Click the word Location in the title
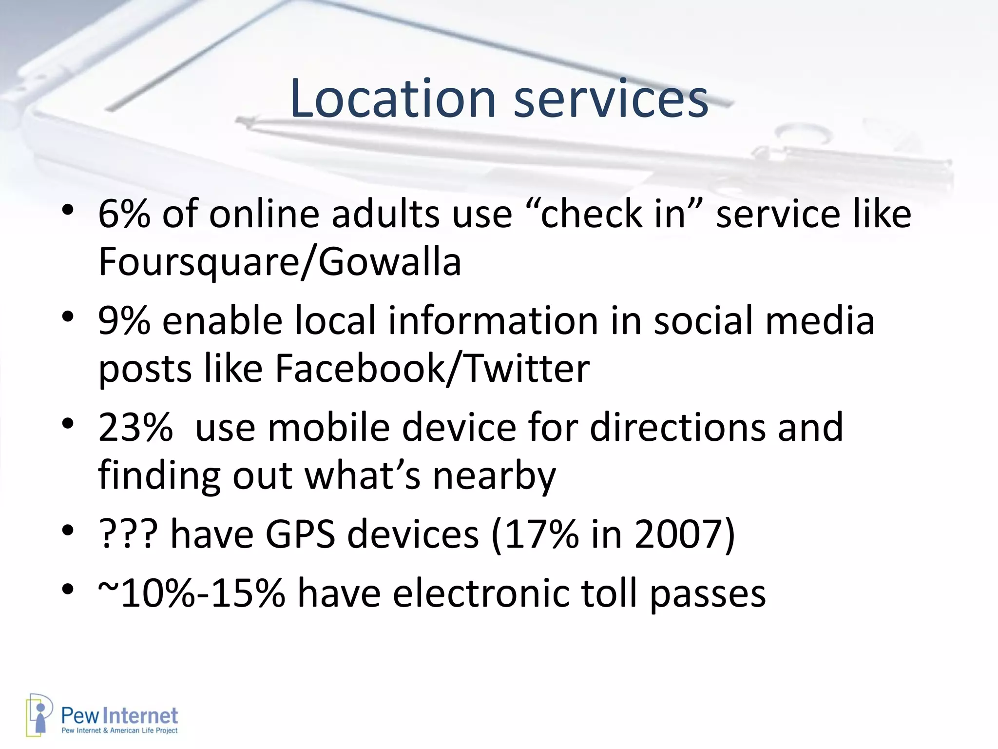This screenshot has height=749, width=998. click(393, 99)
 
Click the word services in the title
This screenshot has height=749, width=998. click(611, 99)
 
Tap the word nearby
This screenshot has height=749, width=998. click(494, 475)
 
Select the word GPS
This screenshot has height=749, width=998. click(300, 534)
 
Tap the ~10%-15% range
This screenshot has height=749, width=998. click(191, 593)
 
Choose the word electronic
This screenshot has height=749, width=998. click(480, 593)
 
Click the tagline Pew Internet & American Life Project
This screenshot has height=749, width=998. click(119, 730)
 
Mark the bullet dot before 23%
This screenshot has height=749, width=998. click(68, 423)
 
